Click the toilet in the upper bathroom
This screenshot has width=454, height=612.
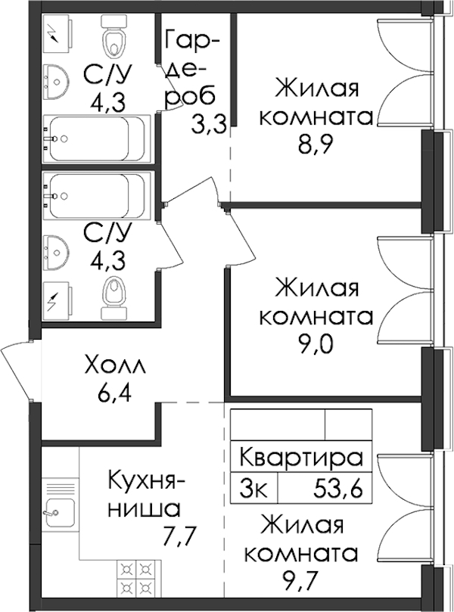[x=114, y=37]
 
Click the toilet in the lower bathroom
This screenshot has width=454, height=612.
[x=114, y=297]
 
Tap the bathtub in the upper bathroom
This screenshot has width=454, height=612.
[x=96, y=138]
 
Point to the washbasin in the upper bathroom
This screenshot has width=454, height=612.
[x=57, y=82]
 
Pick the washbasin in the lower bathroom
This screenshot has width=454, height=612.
[x=57, y=253]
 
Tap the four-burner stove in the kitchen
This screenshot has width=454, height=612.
[x=135, y=577]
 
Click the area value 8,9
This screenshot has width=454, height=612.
[x=313, y=146]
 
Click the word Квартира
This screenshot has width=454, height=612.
[x=301, y=458]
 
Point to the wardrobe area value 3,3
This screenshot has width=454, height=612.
[x=208, y=126]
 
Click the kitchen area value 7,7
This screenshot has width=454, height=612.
[x=178, y=532]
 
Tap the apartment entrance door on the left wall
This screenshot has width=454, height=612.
[x=16, y=370]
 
